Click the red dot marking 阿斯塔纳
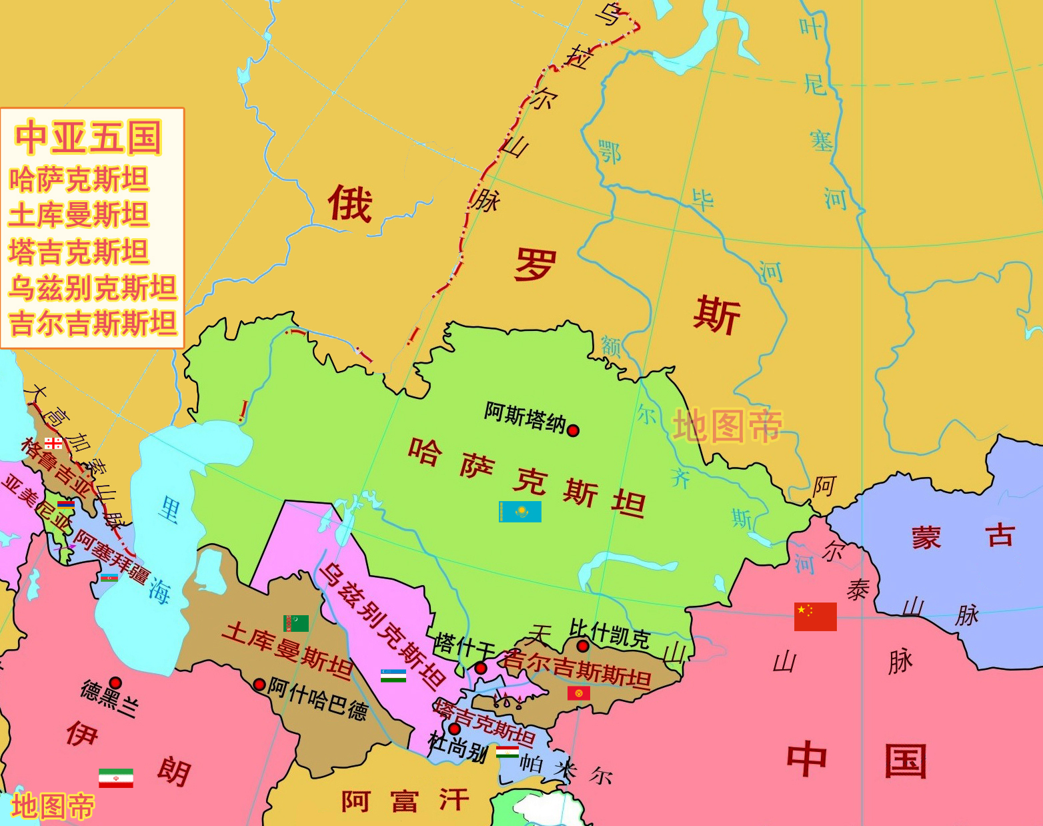pos(573,430)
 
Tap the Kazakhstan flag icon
pos(520,512)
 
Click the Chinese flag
pos(815,616)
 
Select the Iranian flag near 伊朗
pos(116,778)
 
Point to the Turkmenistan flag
pos(296,623)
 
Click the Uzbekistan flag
pos(393,675)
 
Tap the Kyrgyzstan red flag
pos(579,693)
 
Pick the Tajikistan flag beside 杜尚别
pos(507,751)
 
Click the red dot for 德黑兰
pos(115,683)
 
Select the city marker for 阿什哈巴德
pos(259,685)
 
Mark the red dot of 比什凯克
pos(582,646)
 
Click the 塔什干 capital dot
pos(480,668)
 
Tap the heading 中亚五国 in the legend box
pos(89,137)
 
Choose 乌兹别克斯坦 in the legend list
pos(92,288)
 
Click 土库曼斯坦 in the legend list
pos(78,216)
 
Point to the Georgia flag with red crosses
pos(53,443)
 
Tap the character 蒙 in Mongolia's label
pos(926,538)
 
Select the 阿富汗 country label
pos(405,801)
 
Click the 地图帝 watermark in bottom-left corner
pos(53,806)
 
